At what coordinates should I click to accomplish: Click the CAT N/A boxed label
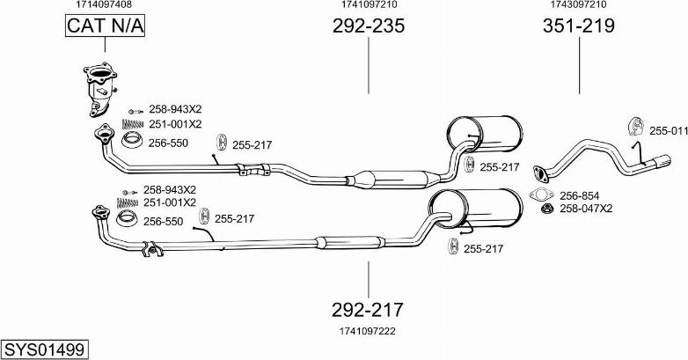[x=104, y=27]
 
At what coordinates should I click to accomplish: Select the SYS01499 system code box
[x=44, y=349]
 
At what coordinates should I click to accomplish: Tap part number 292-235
[x=369, y=26]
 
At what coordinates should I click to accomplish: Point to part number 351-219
[x=578, y=26]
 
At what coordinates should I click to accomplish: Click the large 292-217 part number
[x=368, y=309]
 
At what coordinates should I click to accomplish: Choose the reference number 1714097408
[x=104, y=4]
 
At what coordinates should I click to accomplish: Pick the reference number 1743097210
[x=578, y=4]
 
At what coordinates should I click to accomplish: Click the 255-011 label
[x=669, y=130]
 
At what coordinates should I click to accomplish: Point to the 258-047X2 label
[x=586, y=209]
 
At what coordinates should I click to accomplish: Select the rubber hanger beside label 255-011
[x=633, y=126]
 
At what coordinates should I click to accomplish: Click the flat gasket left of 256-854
[x=540, y=195]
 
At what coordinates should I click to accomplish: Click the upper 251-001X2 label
[x=175, y=124]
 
